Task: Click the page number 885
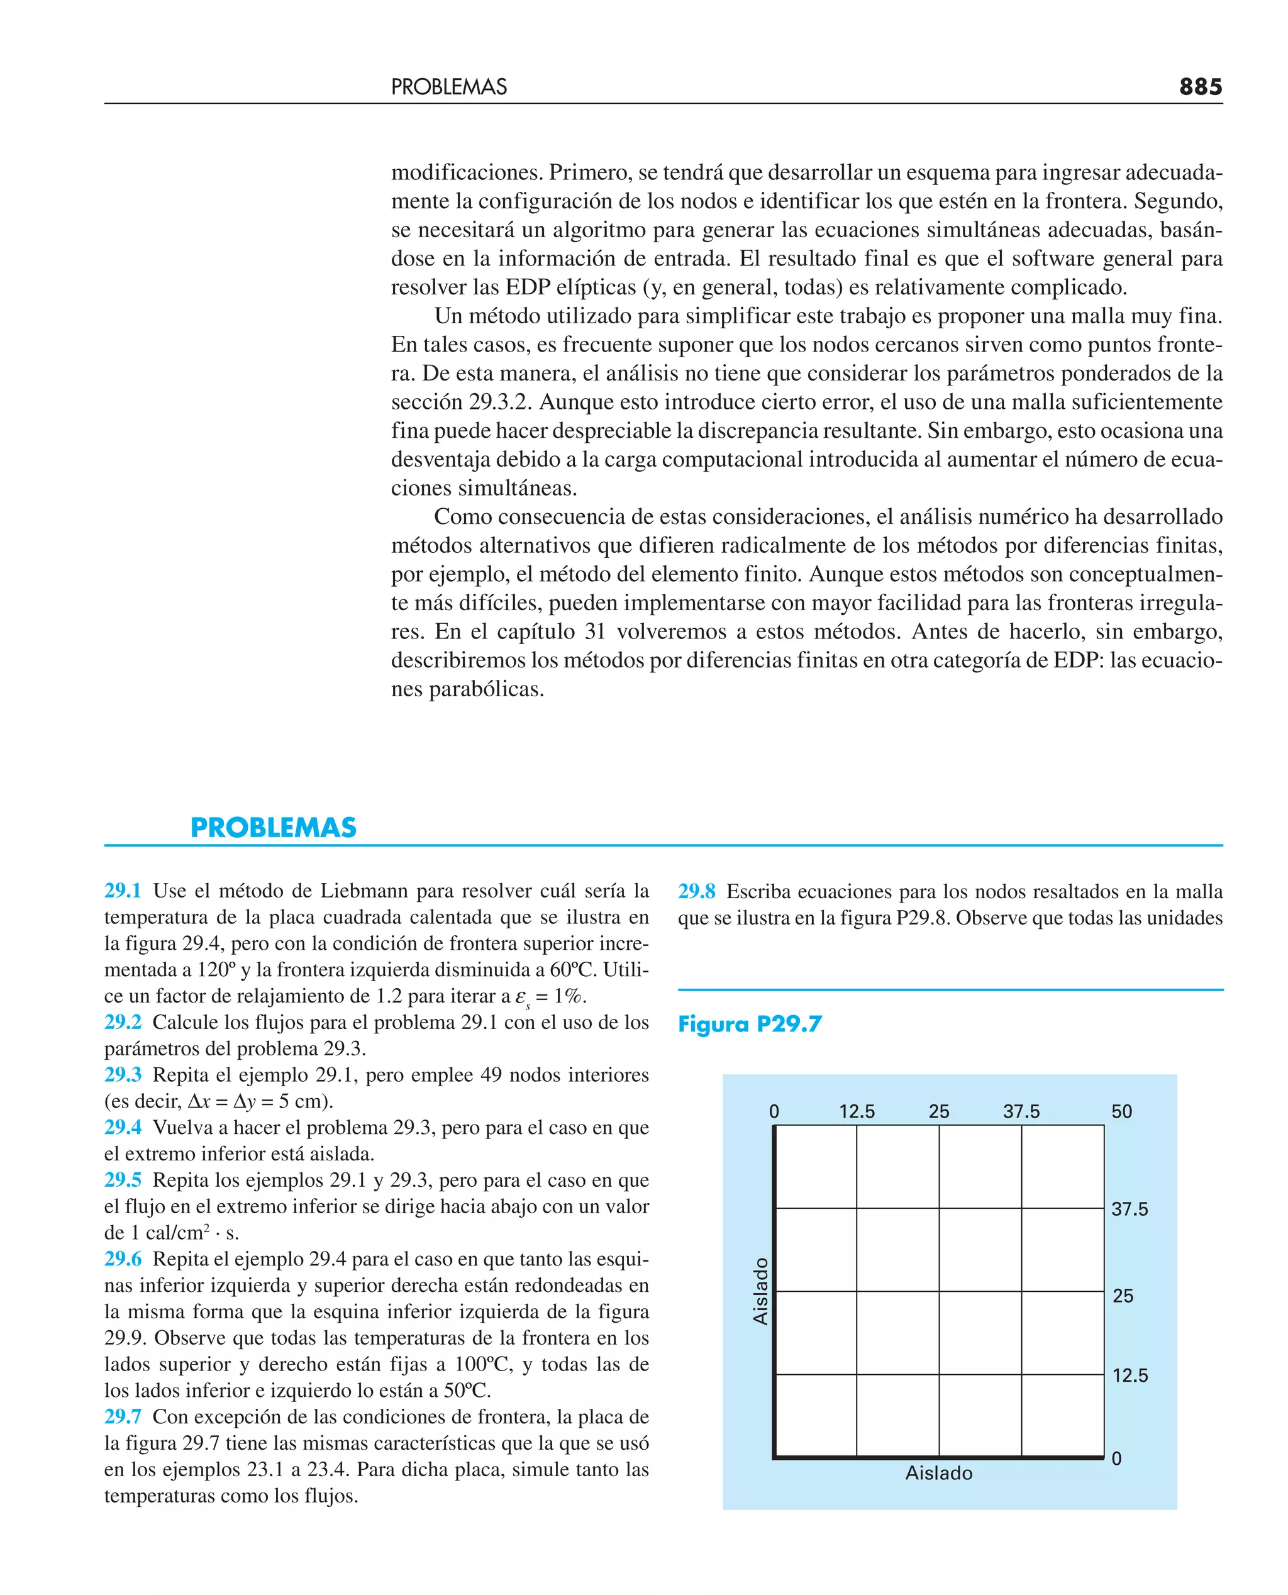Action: (1200, 87)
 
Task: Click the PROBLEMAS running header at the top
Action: (449, 87)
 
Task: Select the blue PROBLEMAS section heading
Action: (273, 827)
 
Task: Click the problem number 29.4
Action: (123, 1127)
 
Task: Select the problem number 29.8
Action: (697, 891)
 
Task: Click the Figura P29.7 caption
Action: (750, 1025)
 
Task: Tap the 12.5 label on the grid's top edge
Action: (857, 1111)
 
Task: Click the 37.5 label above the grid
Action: (1021, 1111)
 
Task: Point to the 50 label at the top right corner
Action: (1121, 1111)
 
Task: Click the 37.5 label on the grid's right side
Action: (1130, 1209)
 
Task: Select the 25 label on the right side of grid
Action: (1123, 1296)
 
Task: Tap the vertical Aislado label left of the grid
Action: (760, 1292)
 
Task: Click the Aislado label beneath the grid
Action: (938, 1474)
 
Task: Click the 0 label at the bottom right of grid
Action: (1116, 1459)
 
